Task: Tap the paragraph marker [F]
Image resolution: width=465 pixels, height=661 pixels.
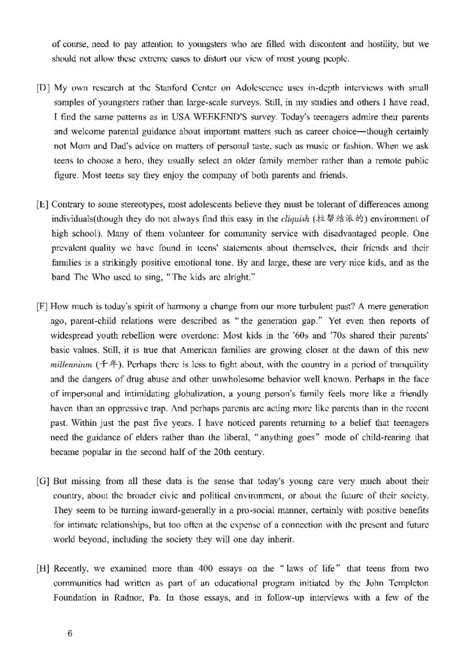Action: pyautogui.click(x=42, y=306)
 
